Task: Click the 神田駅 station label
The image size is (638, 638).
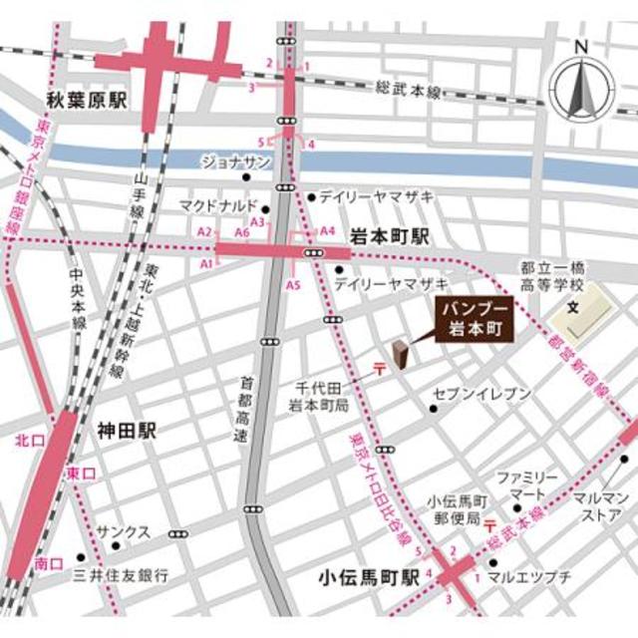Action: [x=127, y=431]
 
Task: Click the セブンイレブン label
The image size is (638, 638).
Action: [x=481, y=394]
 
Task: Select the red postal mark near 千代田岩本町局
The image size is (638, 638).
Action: [x=379, y=369]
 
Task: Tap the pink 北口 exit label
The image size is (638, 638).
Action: [x=28, y=439]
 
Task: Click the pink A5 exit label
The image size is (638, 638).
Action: [x=293, y=285]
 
